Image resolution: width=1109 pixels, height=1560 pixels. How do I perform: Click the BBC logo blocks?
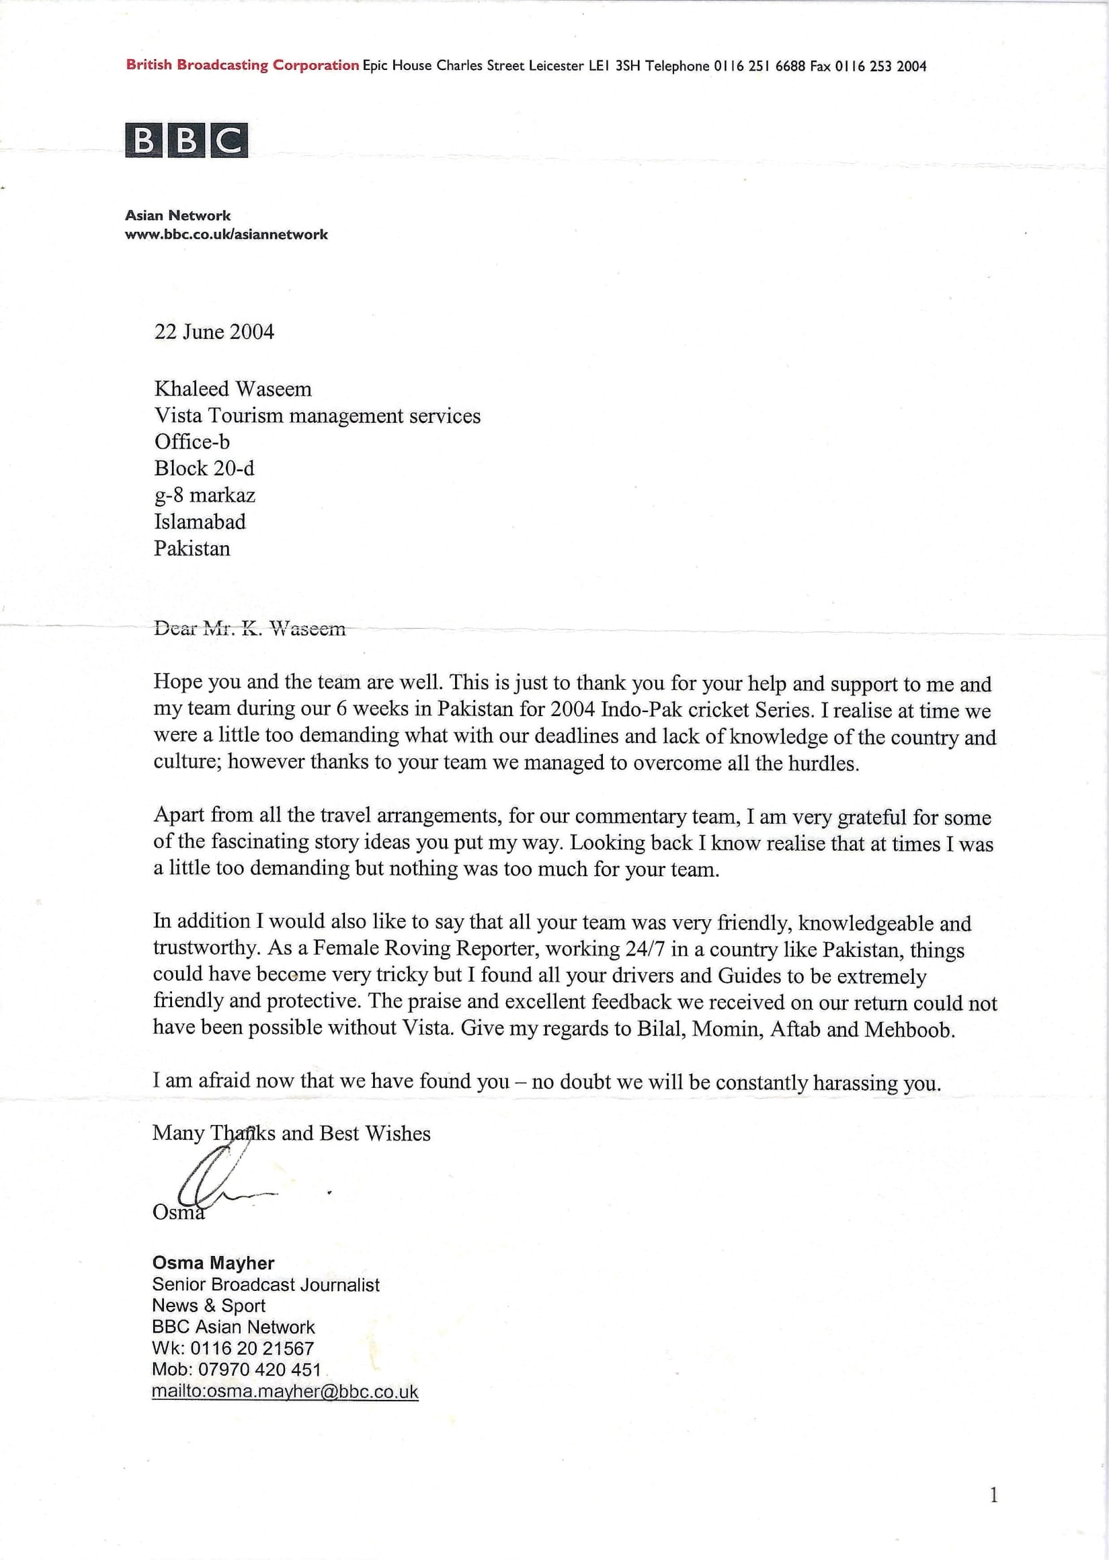coord(186,140)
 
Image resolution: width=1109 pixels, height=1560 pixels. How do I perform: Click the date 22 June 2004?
coord(214,332)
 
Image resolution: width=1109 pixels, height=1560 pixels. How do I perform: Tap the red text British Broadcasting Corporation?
coord(243,65)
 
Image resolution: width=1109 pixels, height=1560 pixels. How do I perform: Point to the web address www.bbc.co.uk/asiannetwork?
coord(226,234)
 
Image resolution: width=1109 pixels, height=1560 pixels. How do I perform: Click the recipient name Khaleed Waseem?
coord(233,389)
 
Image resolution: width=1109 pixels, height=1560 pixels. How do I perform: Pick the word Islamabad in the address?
coord(200,522)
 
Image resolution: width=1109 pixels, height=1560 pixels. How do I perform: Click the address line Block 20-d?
coord(204,469)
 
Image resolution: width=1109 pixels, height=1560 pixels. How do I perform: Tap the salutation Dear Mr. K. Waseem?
coord(250,629)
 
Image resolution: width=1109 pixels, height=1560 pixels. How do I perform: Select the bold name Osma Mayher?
coord(213,1263)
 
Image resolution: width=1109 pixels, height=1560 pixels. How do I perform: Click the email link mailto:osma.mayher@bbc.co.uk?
coord(285,1391)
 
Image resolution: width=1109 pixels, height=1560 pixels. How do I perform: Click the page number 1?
coord(993,1496)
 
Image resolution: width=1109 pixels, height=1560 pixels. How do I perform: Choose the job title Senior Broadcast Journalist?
coord(265,1285)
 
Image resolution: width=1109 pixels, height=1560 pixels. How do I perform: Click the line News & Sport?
coord(208,1306)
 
